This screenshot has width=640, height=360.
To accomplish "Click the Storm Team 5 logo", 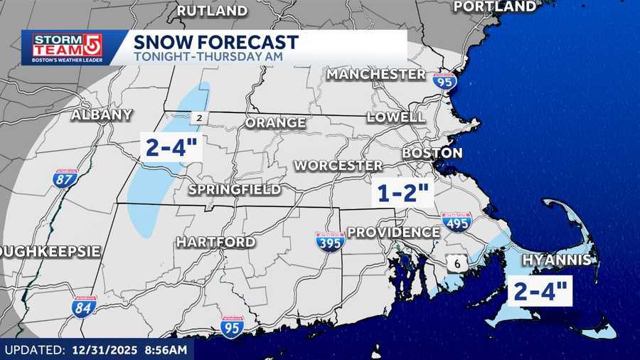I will pos(62,48).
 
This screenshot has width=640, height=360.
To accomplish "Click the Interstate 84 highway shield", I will pos(84,307).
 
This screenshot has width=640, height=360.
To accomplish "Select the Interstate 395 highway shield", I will pos(331,241).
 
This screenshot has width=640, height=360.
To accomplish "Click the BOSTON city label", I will pos(432,153).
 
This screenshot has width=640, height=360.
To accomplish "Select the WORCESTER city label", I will pos(338,166).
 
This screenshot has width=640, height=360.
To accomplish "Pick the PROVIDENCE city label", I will pos(393,233).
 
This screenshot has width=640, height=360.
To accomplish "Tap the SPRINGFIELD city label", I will pos(234,190).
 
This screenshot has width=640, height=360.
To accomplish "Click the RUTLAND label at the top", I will pos(212,11).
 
